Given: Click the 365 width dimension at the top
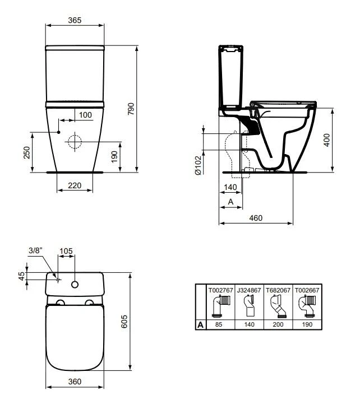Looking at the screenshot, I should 75,20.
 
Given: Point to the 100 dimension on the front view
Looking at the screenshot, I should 85,115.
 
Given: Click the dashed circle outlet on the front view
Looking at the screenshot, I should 75,142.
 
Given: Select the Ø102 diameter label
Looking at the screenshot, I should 198,166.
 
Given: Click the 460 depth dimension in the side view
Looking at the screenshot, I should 256,217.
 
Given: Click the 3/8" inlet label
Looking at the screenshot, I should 36,251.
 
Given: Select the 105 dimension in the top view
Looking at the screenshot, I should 67,251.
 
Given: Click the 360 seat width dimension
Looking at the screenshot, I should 75,381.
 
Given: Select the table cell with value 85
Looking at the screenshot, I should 220,324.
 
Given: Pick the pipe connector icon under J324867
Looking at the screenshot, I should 248,306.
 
